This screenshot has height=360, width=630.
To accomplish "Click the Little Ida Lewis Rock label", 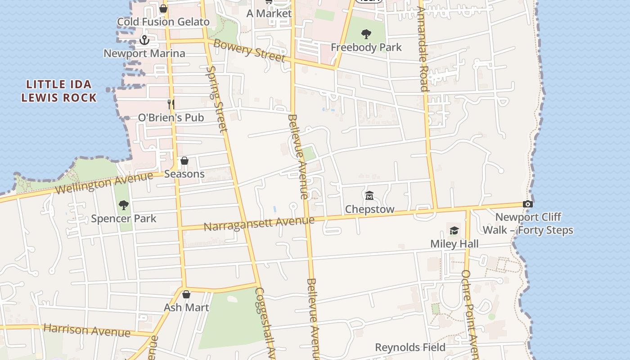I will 59,91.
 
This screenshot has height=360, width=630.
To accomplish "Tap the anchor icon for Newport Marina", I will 144,40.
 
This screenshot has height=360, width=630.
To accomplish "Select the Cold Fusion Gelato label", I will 163,22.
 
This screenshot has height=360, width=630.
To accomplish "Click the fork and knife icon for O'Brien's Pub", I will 171,104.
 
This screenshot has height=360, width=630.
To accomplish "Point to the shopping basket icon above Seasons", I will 184,161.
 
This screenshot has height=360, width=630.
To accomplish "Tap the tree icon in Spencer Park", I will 123,205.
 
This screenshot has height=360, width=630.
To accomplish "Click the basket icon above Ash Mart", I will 186,295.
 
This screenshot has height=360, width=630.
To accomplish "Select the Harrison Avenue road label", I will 87,330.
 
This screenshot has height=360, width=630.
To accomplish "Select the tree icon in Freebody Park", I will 366,34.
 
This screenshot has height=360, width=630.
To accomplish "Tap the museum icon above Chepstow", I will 369,195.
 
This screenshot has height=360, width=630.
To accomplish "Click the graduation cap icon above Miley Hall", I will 454,230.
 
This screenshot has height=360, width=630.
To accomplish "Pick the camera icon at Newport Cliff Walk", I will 528,204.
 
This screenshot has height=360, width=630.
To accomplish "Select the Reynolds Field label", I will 410,347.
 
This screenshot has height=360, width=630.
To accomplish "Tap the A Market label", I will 269,13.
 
